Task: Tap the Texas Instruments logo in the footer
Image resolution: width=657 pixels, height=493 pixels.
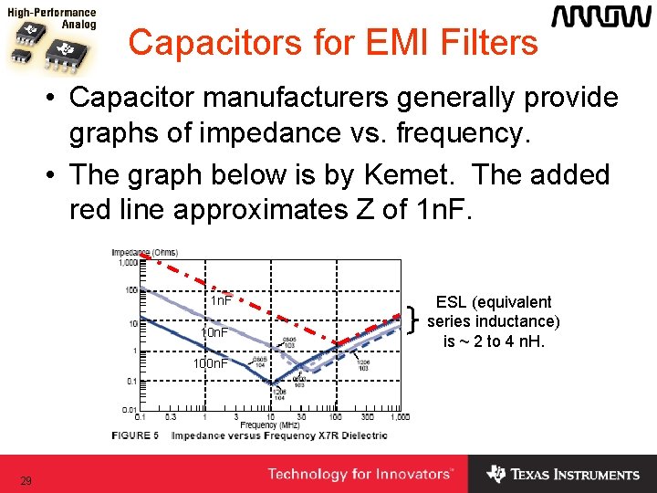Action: coord(563,474)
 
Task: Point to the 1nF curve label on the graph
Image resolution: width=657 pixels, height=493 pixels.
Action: coord(220,300)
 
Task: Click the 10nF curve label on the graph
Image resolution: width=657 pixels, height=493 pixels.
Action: coord(215,333)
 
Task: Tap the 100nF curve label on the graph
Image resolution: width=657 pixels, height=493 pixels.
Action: coord(210,364)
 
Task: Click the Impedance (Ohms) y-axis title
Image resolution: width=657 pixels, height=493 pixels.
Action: coord(144,252)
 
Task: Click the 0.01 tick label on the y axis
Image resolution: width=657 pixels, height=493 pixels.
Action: coord(130,410)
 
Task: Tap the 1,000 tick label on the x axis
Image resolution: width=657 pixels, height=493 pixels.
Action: coord(398,417)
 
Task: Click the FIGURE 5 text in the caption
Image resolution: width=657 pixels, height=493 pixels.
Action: coord(135,435)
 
